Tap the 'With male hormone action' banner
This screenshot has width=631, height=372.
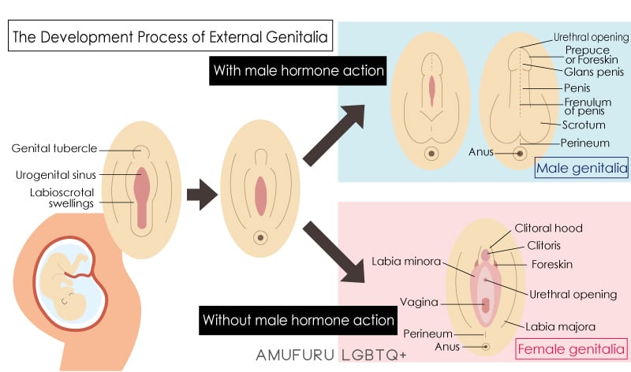coord(298,72)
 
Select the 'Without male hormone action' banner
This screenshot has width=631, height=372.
coord(298,320)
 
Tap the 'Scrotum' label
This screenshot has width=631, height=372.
coord(584,125)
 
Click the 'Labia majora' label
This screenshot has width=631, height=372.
coord(562,325)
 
